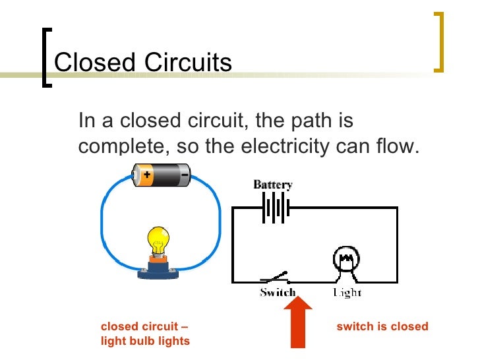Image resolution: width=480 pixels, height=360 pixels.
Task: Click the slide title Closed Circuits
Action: (142, 63)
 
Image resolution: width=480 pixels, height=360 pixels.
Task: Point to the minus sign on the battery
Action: (184, 175)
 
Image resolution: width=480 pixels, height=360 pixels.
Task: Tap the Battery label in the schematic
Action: (273, 185)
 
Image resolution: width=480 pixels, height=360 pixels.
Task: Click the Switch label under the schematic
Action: (277, 292)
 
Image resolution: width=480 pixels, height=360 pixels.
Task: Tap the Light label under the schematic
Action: (347, 292)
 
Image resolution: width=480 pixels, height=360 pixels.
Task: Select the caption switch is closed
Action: (382, 326)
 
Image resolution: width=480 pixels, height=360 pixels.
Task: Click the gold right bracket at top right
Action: (439, 41)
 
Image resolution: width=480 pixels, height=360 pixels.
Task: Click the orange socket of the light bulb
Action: (158, 260)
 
